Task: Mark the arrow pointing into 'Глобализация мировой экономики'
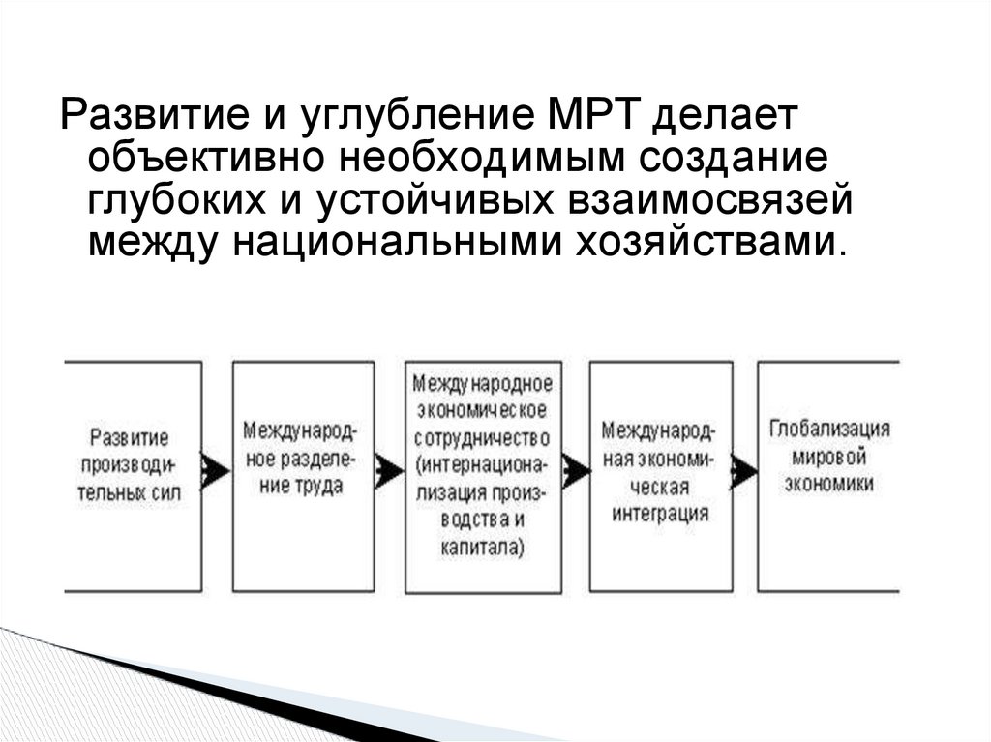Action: click(743, 471)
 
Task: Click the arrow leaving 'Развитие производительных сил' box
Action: click(216, 471)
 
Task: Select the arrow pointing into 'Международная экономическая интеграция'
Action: click(576, 471)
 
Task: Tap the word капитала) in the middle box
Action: click(481, 548)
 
